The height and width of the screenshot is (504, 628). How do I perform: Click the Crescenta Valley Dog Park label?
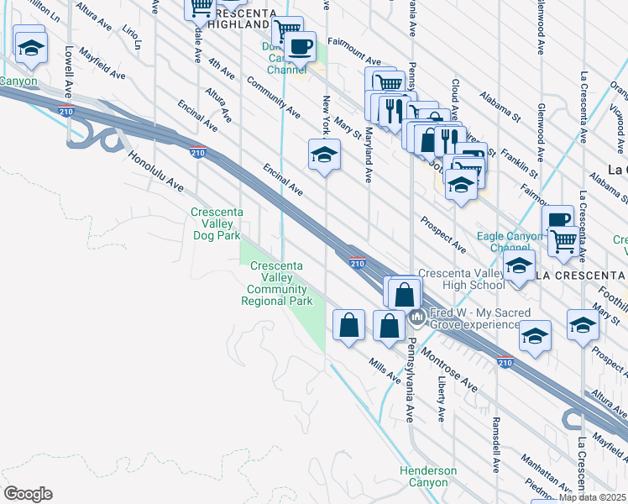point(216,223)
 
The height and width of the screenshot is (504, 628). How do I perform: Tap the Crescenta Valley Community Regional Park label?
point(280,283)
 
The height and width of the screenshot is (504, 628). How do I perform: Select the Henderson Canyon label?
point(428,476)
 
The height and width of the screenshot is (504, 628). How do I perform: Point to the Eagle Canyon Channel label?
point(510,242)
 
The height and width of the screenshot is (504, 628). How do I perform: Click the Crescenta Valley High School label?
point(462,279)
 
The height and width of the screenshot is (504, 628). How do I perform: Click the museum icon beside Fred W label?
point(417,318)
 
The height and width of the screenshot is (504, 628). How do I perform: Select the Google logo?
point(27,493)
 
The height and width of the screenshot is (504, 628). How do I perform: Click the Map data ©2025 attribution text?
point(593,497)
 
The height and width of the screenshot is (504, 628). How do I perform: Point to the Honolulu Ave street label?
point(154,171)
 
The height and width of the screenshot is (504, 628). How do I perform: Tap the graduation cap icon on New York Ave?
point(324,155)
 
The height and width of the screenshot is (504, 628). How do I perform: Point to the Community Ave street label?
point(273,97)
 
